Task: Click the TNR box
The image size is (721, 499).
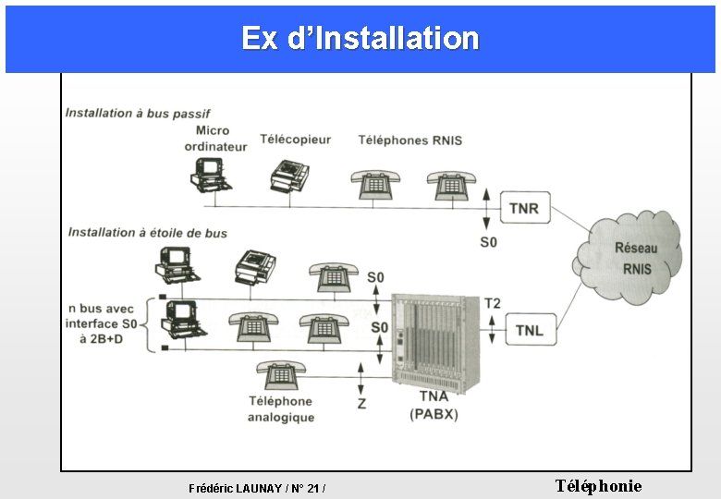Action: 525,207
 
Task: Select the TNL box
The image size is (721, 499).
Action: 531,330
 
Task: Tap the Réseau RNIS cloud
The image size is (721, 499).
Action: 629,257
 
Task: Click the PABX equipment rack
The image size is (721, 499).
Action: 435,342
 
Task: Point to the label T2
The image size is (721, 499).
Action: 492,303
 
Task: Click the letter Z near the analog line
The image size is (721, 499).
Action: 361,404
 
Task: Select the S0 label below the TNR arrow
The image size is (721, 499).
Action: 488,242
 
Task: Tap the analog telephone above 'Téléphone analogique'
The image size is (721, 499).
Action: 281,375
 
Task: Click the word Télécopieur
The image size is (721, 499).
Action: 295,140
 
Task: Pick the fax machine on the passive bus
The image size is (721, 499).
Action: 289,176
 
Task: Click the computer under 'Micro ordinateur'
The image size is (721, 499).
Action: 211,175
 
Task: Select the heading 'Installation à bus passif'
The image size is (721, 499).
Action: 138,113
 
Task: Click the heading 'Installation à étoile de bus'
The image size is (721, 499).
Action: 148,233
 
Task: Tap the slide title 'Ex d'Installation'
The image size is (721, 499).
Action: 360,38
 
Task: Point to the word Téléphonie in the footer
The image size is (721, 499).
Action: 598,486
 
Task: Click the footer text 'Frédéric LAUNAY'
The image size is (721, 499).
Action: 236,489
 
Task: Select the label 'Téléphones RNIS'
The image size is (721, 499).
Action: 410,140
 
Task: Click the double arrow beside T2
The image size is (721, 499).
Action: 492,330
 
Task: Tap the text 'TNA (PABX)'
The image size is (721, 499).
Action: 434,406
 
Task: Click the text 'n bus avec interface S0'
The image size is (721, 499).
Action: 102,316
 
